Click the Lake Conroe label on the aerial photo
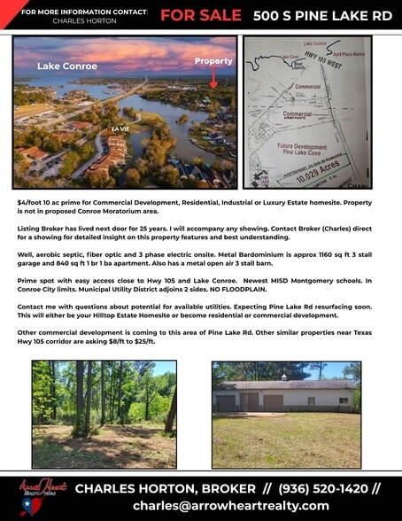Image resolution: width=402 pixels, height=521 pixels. [60, 66]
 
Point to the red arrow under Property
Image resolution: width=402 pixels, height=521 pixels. [213, 79]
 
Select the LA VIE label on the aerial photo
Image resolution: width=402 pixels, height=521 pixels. [120, 129]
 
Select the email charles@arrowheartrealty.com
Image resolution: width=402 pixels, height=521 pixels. [230, 506]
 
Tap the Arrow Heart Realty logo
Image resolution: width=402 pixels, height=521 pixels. [40, 496]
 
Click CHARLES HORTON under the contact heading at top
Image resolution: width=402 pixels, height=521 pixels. [78, 20]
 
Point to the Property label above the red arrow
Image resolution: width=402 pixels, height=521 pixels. [213, 61]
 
